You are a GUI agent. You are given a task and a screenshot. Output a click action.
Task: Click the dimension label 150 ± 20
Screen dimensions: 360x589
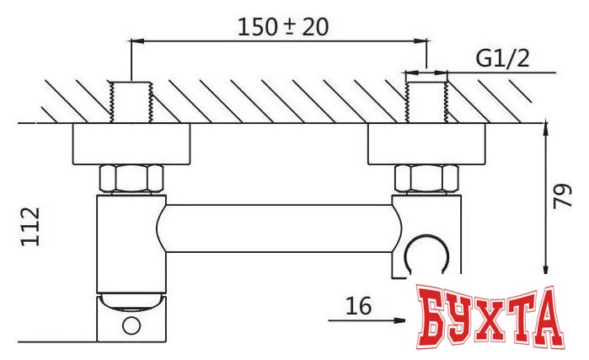tap(282, 25)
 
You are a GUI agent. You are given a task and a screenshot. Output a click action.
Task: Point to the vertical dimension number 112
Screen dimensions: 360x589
tap(31, 228)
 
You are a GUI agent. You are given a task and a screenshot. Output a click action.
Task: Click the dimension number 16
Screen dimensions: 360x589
tap(358, 307)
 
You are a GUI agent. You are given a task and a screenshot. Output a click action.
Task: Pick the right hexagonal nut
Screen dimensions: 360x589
tap(426, 178)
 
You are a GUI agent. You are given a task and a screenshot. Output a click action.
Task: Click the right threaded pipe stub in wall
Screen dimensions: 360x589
tap(426, 101)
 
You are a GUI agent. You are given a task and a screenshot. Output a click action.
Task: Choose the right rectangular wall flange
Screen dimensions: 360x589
tap(426, 144)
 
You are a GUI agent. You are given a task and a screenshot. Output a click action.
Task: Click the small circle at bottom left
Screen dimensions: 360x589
tap(131, 325)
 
